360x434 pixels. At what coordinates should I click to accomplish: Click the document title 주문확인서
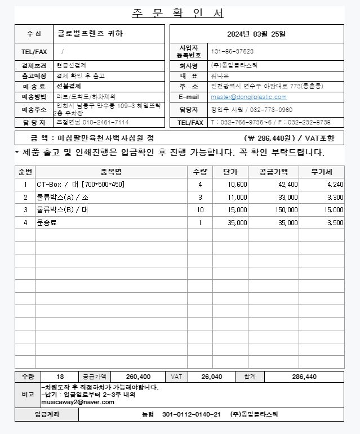(178, 13)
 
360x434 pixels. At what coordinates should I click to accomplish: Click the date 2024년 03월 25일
(256, 34)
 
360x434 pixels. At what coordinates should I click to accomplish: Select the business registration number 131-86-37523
(232, 51)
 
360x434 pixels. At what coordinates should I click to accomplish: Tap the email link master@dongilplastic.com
(248, 97)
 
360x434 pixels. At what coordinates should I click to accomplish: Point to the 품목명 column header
(111, 172)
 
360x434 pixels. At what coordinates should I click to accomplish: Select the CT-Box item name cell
(81, 185)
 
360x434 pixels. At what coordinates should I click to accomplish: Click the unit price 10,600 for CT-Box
(237, 185)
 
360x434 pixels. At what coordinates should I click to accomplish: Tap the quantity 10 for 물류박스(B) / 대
(200, 210)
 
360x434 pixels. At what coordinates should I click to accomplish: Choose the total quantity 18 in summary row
(60, 377)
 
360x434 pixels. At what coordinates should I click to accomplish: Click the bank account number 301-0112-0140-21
(191, 415)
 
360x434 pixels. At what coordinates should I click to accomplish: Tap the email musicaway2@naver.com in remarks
(77, 402)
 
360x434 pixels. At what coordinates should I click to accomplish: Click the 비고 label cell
(28, 395)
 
